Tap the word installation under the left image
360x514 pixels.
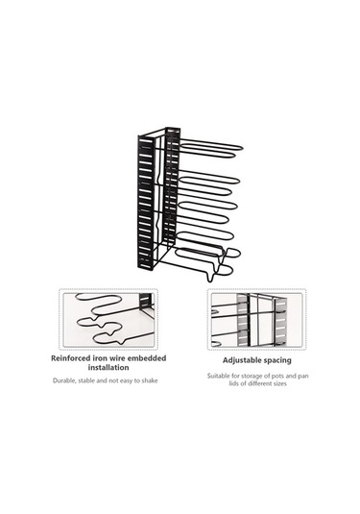pos(108,367)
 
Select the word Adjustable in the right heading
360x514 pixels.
pos(240,360)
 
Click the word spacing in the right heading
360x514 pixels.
pos(276,361)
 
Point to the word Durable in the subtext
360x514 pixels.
pos(64,380)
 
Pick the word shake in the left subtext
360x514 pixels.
pos(150,380)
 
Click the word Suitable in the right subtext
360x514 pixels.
pos(218,376)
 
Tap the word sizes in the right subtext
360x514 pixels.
pos(279,383)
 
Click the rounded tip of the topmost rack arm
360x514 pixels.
pos(241,148)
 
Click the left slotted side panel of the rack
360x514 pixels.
pos(146,203)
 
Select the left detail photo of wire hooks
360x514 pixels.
pos(108,320)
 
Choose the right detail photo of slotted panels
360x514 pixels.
pos(257,320)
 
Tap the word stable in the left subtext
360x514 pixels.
pos(86,380)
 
